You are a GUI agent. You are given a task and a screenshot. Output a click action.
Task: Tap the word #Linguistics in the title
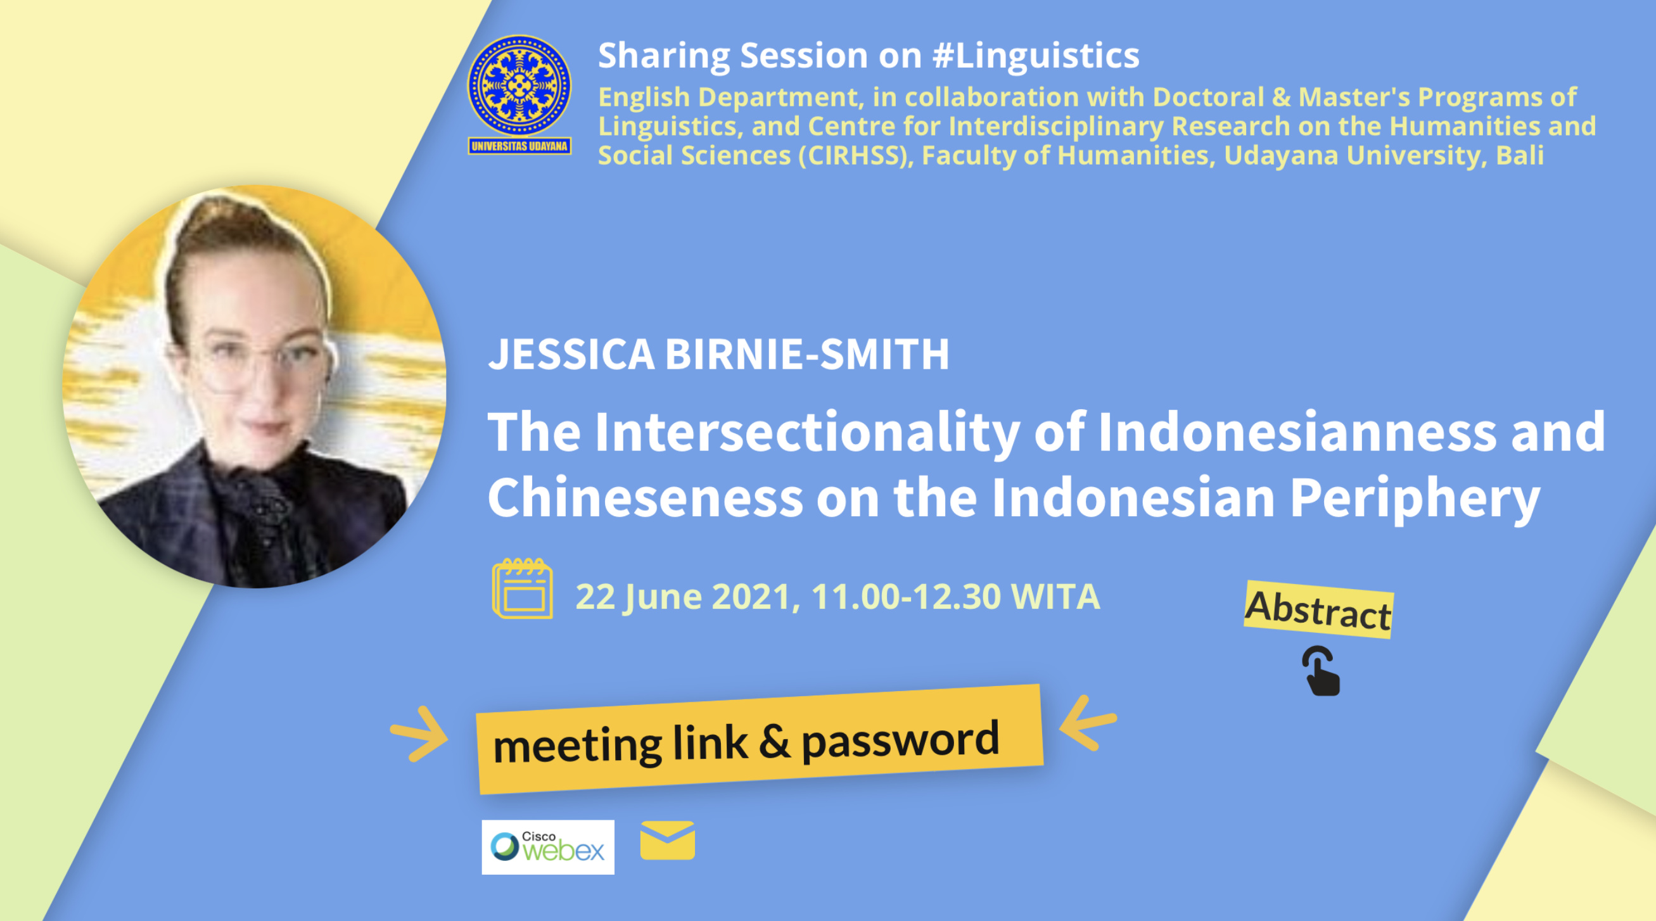(x=1035, y=55)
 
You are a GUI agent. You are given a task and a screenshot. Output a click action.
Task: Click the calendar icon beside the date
(x=522, y=588)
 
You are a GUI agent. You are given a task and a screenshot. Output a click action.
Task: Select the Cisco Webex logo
(x=548, y=846)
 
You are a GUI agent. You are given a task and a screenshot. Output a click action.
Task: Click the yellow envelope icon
(x=667, y=840)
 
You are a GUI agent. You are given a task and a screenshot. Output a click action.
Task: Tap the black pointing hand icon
(x=1321, y=671)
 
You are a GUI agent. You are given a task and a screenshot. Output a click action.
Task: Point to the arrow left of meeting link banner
(x=419, y=734)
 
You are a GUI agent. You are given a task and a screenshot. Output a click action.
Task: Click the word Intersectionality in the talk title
(x=808, y=433)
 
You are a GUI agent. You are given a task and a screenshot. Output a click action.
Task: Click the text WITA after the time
(x=1055, y=597)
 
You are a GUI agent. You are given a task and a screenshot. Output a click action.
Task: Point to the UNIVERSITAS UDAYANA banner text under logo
(x=519, y=146)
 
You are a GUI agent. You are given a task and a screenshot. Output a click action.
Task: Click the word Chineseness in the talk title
(x=646, y=498)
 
